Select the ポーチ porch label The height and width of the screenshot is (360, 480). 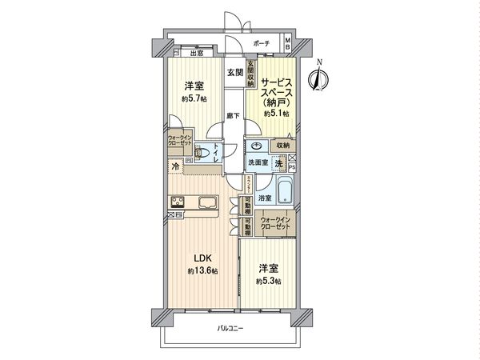coord(261,43)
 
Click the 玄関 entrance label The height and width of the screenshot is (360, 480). coord(234,73)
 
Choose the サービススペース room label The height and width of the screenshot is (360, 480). coord(275,87)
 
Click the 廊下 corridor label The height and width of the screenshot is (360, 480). coord(232,117)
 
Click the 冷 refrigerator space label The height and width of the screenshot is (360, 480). coord(175,166)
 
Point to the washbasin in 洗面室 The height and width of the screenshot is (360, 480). coord(258,146)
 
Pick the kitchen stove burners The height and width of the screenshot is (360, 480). coord(178,202)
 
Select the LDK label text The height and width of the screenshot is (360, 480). coord(200,258)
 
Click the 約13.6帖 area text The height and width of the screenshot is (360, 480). coord(201,272)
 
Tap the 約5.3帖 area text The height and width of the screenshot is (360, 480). coord(268,281)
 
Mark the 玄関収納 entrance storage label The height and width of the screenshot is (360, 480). coord(250,74)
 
